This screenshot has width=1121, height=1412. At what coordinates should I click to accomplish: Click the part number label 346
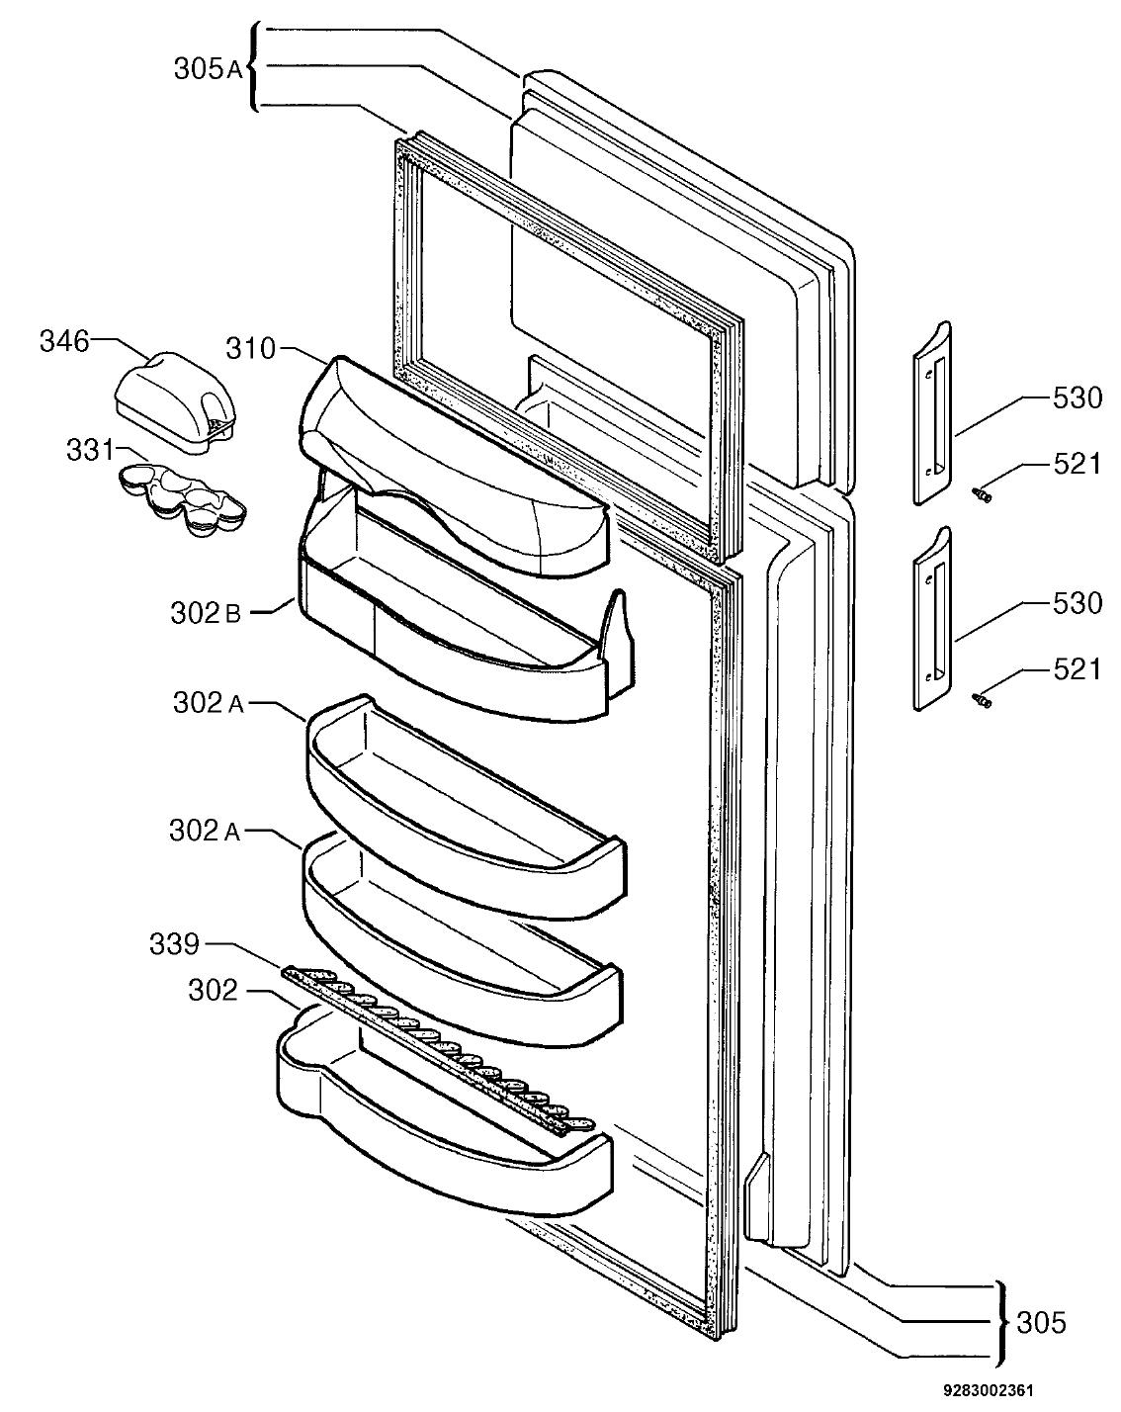[x=63, y=342]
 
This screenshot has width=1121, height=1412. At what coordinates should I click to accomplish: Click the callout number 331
[x=90, y=451]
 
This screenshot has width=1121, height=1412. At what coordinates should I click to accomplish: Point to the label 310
[x=250, y=349]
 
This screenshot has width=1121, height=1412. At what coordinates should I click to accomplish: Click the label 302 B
[x=206, y=613]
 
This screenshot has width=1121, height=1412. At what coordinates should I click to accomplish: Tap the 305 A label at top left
[x=208, y=69]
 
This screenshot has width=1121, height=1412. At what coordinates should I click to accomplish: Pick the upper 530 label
[x=1078, y=397]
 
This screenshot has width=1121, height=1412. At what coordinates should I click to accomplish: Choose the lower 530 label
[x=1078, y=602]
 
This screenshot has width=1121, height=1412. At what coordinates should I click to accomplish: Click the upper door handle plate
[x=932, y=412]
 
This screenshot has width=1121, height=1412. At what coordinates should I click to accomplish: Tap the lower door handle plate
[x=932, y=618]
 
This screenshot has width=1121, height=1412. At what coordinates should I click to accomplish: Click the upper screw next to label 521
[x=982, y=494]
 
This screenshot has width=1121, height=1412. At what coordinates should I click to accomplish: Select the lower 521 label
[x=1078, y=669]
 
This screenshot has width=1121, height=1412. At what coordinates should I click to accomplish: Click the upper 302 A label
[x=208, y=703]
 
